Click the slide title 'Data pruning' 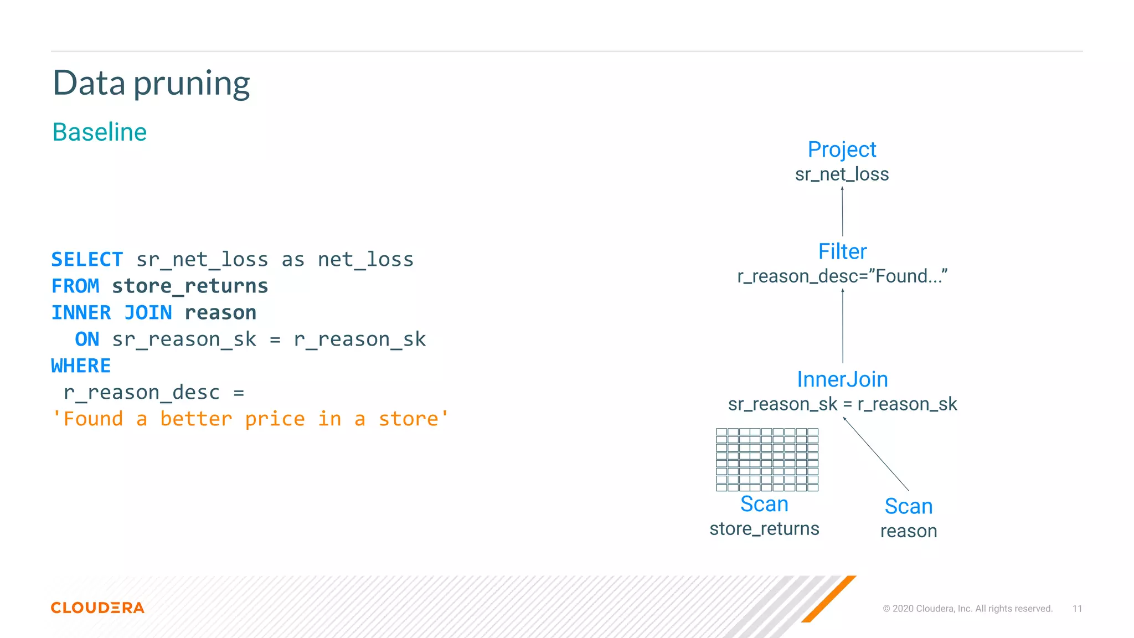pyautogui.click(x=151, y=83)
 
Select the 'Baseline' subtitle pyautogui.click(x=100, y=132)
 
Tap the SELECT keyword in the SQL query pyautogui.click(x=87, y=259)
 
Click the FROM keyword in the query pyautogui.click(x=75, y=286)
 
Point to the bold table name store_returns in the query pyautogui.click(x=190, y=286)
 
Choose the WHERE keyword pyautogui.click(x=81, y=366)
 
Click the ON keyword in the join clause pyautogui.click(x=87, y=339)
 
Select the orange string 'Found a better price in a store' pyautogui.click(x=250, y=419)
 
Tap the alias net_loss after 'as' pyautogui.click(x=365, y=259)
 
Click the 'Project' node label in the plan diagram pyautogui.click(x=842, y=150)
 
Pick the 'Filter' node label pyautogui.click(x=842, y=251)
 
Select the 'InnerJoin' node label pyautogui.click(x=842, y=379)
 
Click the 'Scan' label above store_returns pyautogui.click(x=764, y=504)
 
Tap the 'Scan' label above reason pyautogui.click(x=909, y=506)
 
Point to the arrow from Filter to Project pyautogui.click(x=842, y=212)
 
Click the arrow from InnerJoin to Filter pyautogui.click(x=843, y=326)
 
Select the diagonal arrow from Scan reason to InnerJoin pyautogui.click(x=876, y=454)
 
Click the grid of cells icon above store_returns pyautogui.click(x=767, y=460)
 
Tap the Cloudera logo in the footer pyautogui.click(x=97, y=608)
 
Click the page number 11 pyautogui.click(x=1077, y=609)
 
